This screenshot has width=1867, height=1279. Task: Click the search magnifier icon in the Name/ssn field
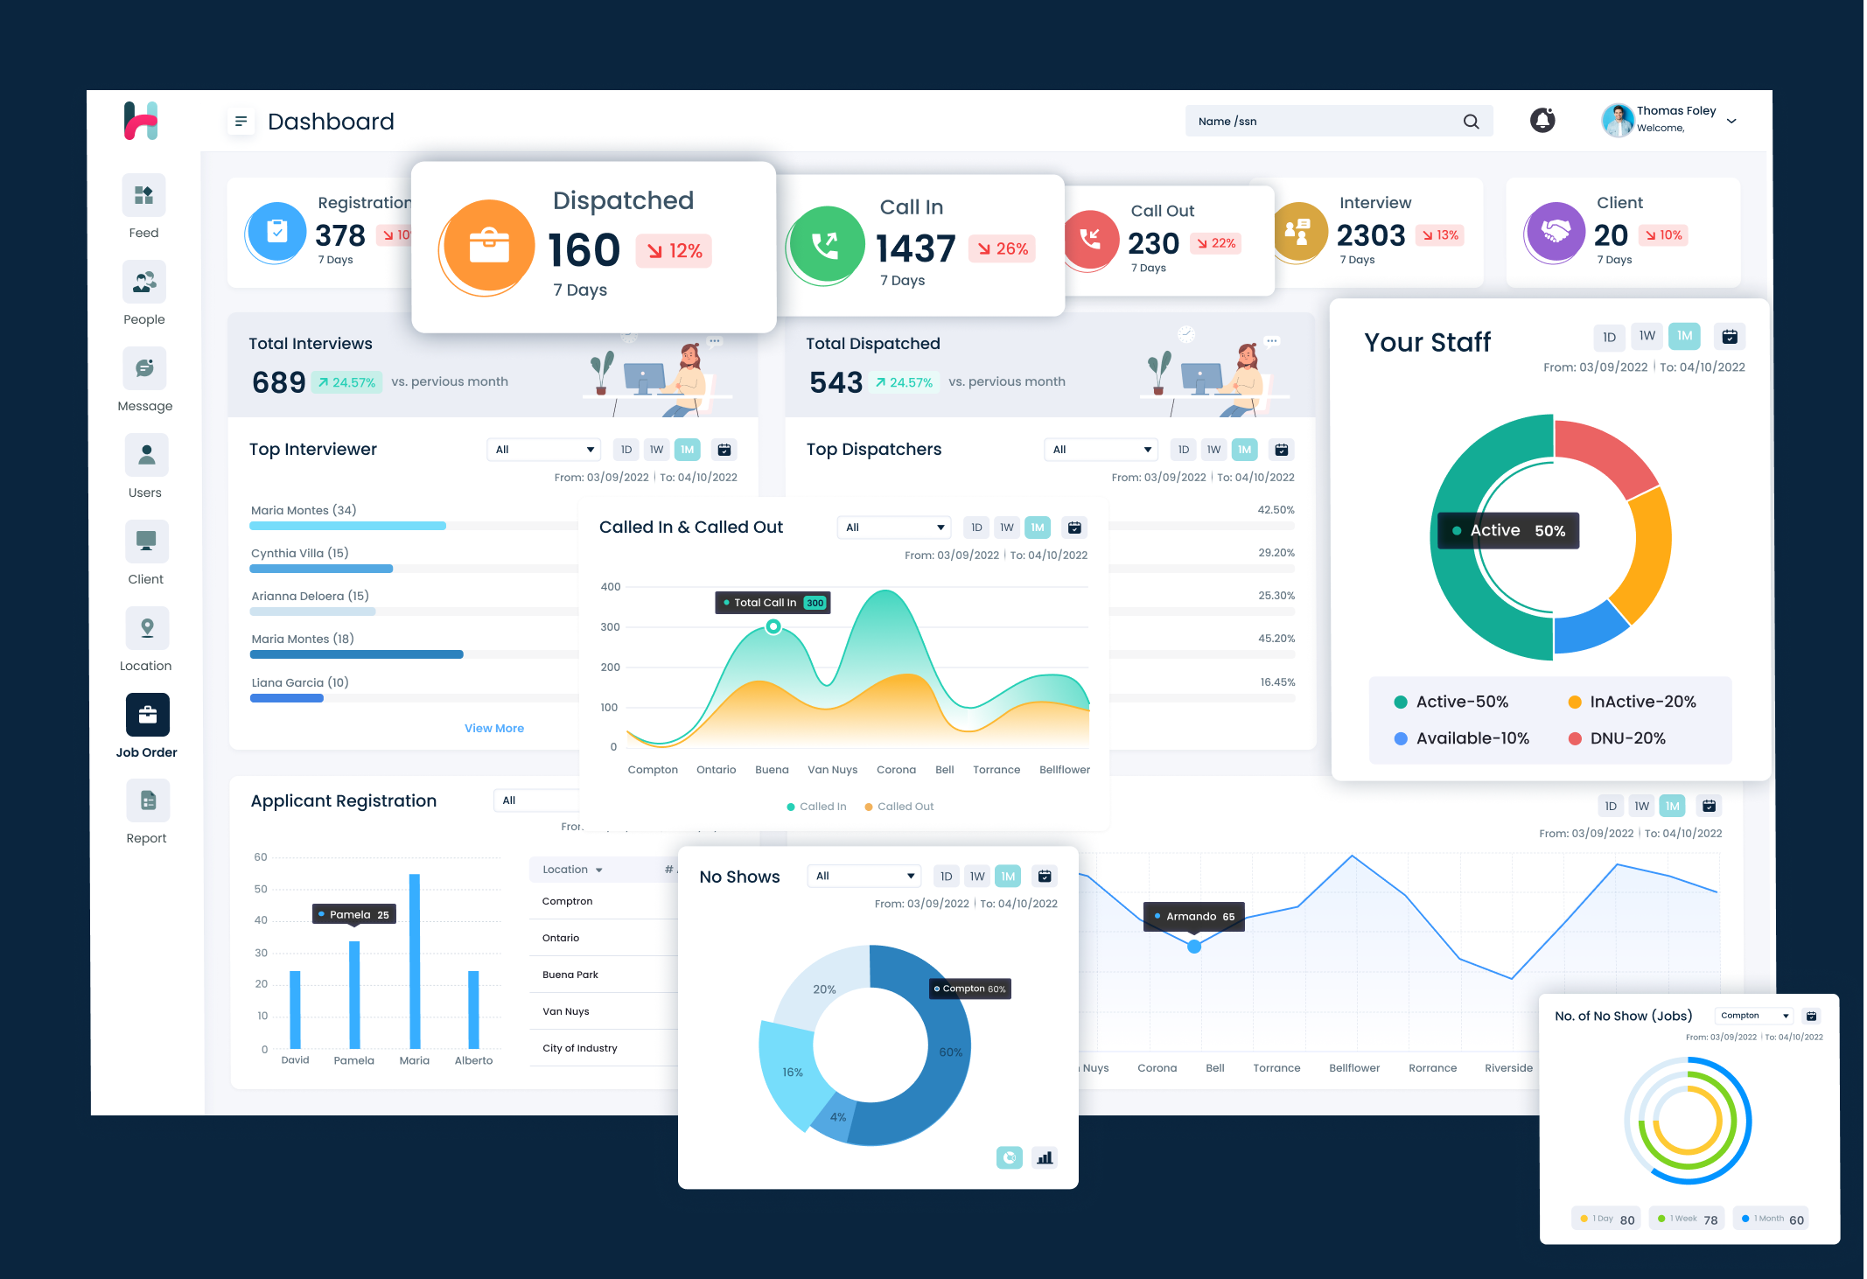pos(1471,122)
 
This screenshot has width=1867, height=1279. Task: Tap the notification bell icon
pos(1542,121)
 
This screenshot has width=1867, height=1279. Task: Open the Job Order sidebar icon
pos(147,715)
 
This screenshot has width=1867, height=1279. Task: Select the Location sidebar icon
pos(146,628)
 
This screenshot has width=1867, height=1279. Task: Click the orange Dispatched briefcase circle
pos(489,247)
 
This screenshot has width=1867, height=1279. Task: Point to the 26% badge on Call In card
pos(1003,249)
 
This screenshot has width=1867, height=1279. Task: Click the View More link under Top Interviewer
pos(493,728)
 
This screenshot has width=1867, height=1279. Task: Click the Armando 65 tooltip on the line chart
pos(1194,916)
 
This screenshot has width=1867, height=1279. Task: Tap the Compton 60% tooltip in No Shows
pos(970,989)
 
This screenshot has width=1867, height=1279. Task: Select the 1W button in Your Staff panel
pos(1647,336)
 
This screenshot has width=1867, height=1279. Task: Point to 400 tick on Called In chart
pos(611,587)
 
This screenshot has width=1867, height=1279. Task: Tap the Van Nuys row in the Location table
pos(566,1011)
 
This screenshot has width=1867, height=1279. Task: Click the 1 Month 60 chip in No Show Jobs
pos(1773,1219)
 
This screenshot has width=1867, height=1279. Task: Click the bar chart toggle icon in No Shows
pos(1045,1157)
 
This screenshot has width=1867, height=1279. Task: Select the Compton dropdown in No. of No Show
pos(1753,1016)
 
